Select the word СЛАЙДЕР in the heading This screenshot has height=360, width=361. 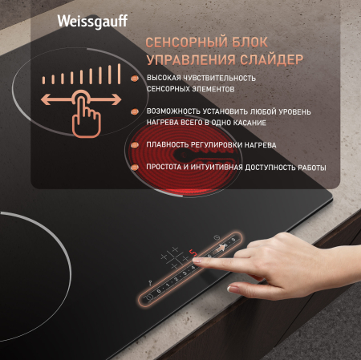click(x=270, y=60)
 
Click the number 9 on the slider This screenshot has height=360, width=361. click(x=233, y=240)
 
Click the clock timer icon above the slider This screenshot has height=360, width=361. click(x=217, y=237)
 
